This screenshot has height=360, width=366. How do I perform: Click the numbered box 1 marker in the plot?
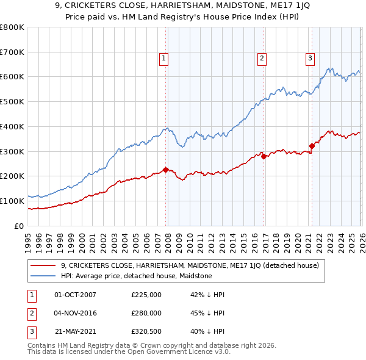165,59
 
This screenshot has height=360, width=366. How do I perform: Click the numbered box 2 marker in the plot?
262,59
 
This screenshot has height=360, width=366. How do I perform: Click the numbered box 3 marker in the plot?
310,59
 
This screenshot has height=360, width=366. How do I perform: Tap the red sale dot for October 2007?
165,170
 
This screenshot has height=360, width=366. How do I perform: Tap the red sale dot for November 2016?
264,156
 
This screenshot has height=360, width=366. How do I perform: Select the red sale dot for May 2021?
312,146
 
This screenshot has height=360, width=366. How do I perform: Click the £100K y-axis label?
12,201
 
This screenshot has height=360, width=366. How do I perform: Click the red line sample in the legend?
43,265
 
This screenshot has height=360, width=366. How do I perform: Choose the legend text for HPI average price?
136,276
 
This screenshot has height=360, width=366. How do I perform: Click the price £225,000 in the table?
146,295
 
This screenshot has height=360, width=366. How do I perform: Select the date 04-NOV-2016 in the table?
75,313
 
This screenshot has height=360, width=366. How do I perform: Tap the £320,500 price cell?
146,331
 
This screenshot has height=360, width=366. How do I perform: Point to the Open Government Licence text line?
129,352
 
